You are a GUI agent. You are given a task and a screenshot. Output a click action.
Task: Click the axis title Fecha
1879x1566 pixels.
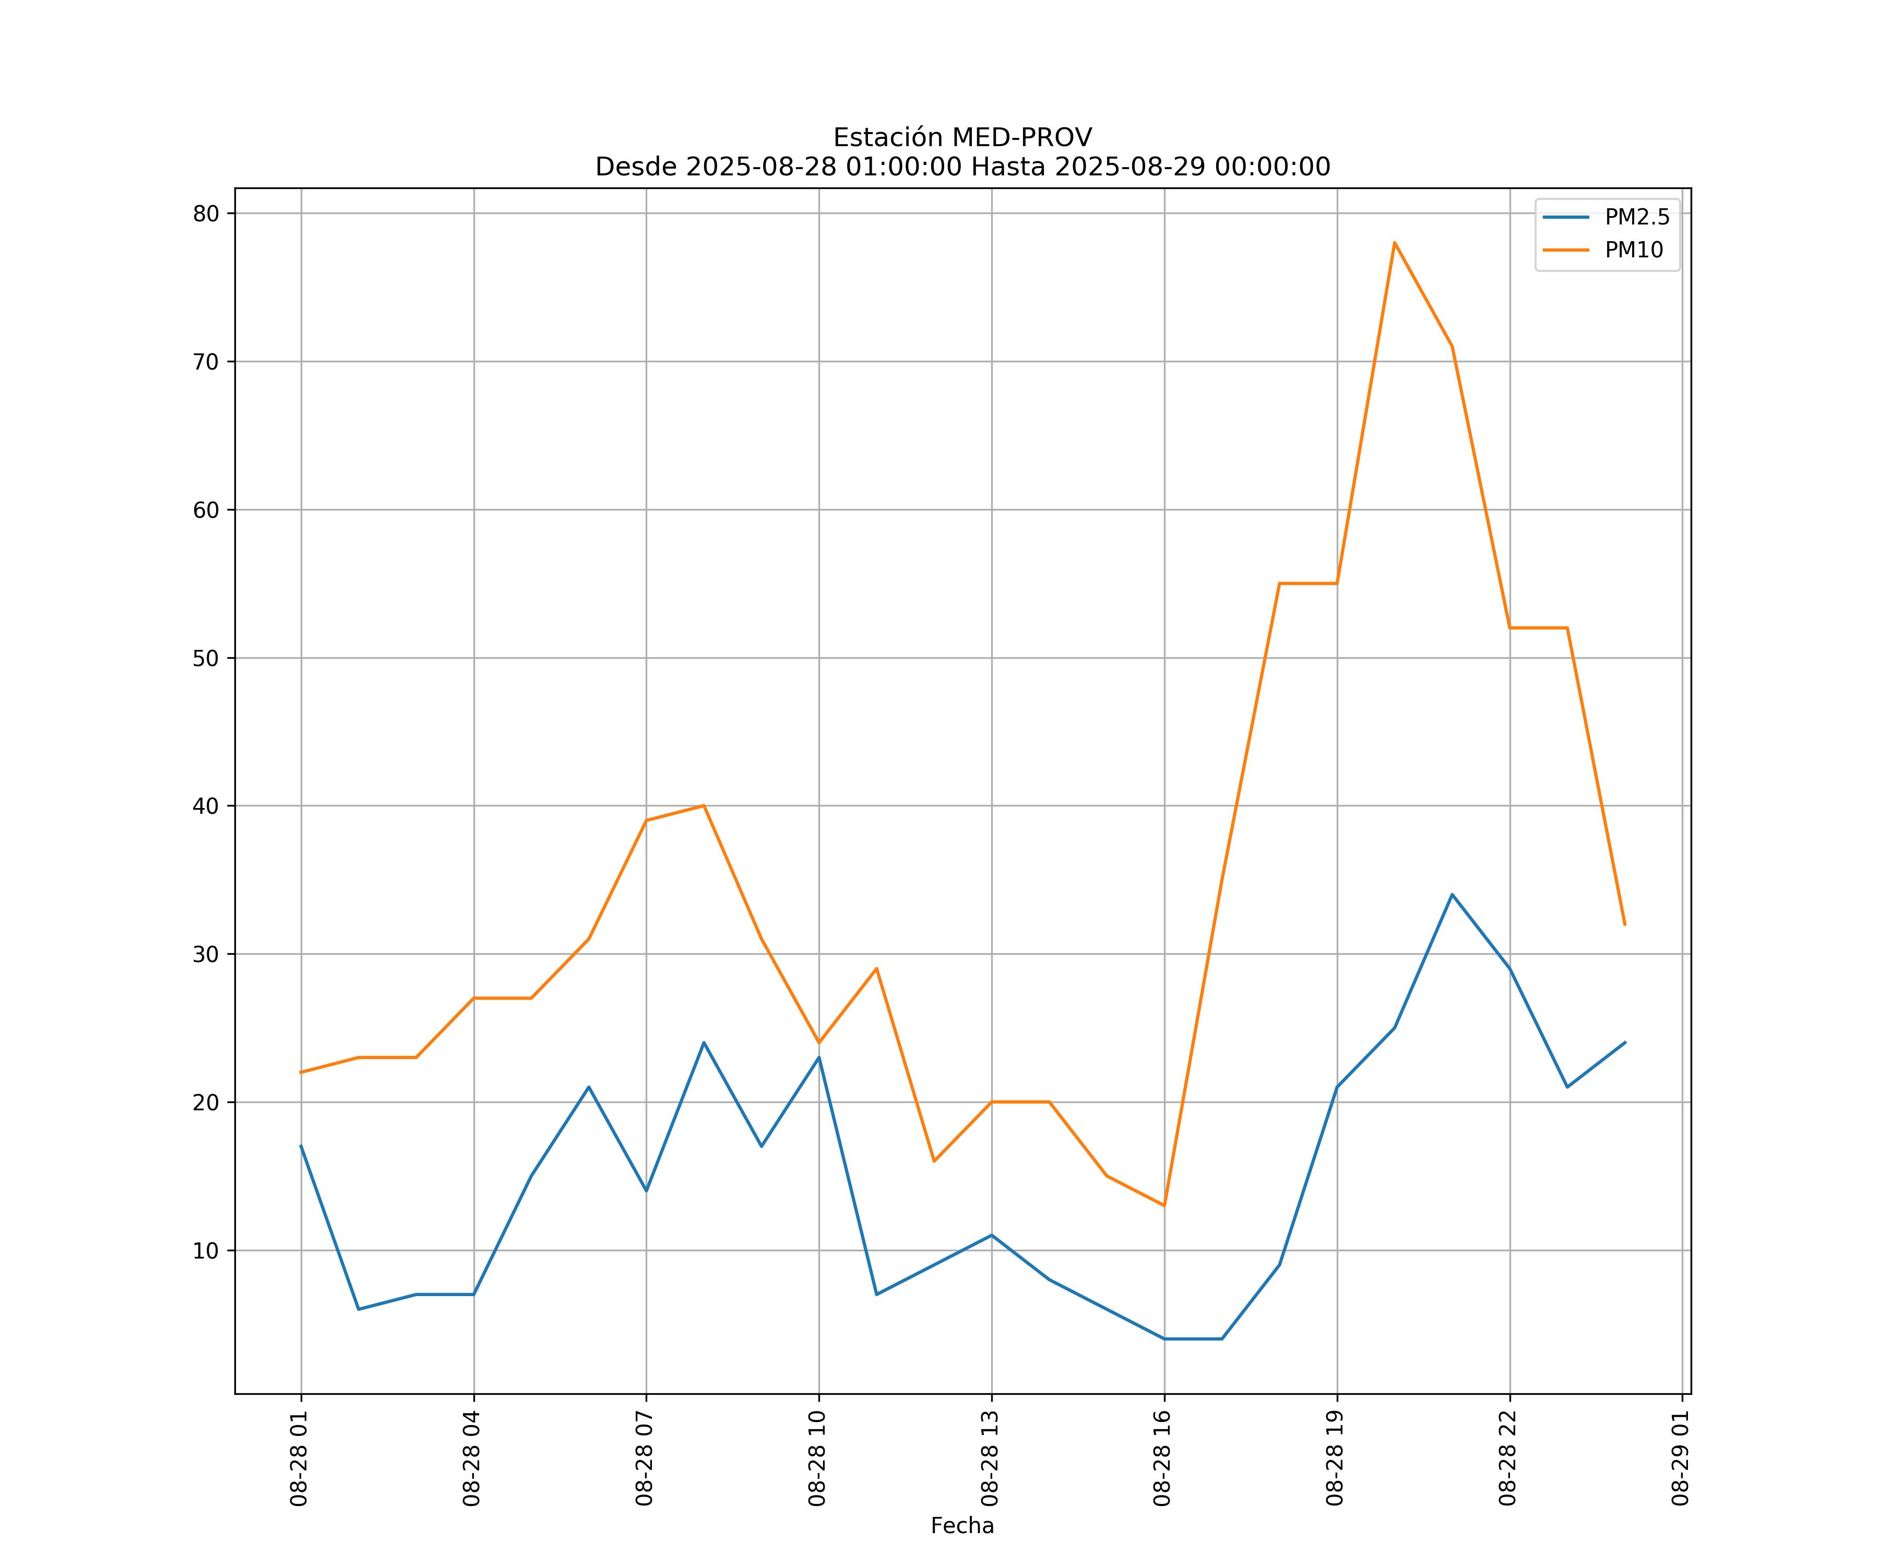(x=962, y=1526)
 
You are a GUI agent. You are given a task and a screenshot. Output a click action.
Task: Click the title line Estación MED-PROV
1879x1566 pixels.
(x=962, y=138)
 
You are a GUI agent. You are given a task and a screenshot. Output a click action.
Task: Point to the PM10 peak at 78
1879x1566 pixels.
(x=1394, y=243)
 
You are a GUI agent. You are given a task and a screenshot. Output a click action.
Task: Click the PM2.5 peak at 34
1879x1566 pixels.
(x=1452, y=895)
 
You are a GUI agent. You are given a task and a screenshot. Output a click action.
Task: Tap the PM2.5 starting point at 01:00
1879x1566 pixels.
(x=302, y=1146)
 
